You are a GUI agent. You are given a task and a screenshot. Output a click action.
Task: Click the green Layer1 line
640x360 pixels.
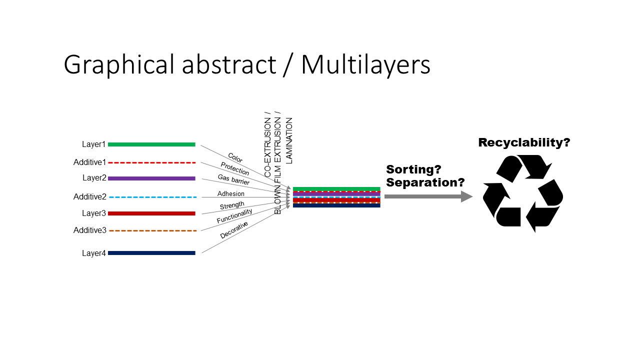pyautogui.click(x=151, y=144)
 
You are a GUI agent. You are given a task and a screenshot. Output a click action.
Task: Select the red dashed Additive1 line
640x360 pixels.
pyautogui.click(x=151, y=162)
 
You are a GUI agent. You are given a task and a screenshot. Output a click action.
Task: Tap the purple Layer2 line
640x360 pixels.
pyautogui.click(x=151, y=178)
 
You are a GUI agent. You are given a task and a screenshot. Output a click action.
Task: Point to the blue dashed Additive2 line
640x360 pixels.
pyautogui.click(x=151, y=197)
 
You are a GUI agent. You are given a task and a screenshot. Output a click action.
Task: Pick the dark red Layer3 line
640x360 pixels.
pyautogui.click(x=151, y=213)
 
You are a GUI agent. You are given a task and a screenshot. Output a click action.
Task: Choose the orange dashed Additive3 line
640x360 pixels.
pyautogui.click(x=151, y=230)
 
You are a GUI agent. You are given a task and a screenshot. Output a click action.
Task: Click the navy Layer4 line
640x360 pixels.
pyautogui.click(x=151, y=253)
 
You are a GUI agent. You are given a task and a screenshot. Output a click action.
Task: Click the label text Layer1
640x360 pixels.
pyautogui.click(x=94, y=144)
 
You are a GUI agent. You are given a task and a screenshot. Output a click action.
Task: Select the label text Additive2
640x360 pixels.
pyautogui.click(x=90, y=197)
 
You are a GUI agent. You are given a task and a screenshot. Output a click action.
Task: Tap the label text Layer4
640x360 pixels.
pyautogui.click(x=94, y=253)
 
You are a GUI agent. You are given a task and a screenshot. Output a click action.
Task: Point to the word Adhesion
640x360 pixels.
pyautogui.click(x=231, y=193)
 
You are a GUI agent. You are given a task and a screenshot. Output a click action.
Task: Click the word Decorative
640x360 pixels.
pyautogui.click(x=234, y=230)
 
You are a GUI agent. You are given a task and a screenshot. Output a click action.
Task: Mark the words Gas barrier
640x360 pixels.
pyautogui.click(x=233, y=179)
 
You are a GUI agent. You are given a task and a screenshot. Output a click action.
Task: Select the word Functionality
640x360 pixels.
pyautogui.click(x=234, y=216)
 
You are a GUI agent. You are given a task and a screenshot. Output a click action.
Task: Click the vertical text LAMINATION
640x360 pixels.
pyautogui.click(x=289, y=140)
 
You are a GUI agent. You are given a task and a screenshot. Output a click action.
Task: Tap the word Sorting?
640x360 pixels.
pyautogui.click(x=413, y=169)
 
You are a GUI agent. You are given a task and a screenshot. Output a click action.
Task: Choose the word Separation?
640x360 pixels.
pyautogui.click(x=425, y=182)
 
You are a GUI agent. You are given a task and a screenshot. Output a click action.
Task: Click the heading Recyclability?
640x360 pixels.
pyautogui.click(x=524, y=142)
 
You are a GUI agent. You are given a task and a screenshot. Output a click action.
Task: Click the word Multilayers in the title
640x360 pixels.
pyautogui.click(x=365, y=65)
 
